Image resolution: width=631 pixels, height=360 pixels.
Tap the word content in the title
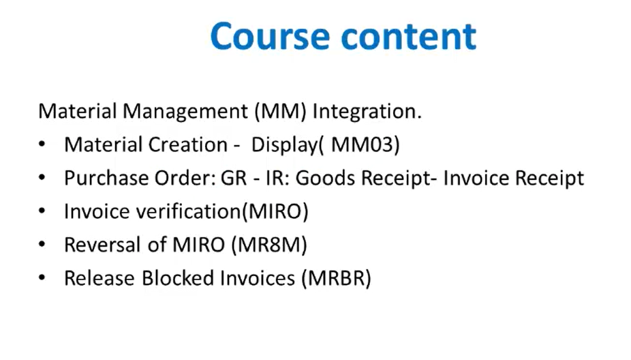click(x=408, y=36)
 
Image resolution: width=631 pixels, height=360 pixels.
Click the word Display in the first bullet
click(x=285, y=145)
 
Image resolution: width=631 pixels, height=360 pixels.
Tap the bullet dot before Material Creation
click(x=42, y=144)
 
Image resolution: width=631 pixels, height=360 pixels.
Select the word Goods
click(x=325, y=178)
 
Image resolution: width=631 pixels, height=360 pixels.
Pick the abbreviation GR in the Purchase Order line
click(x=234, y=178)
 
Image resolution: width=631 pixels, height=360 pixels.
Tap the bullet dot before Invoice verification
click(x=42, y=211)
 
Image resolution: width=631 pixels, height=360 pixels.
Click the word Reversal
click(x=102, y=244)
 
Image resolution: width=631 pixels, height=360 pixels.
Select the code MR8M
click(x=270, y=244)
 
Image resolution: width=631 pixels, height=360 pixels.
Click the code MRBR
click(x=337, y=278)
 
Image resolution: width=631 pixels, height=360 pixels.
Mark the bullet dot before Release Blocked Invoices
click(x=42, y=277)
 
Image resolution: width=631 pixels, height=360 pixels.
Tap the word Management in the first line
click(x=185, y=112)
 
